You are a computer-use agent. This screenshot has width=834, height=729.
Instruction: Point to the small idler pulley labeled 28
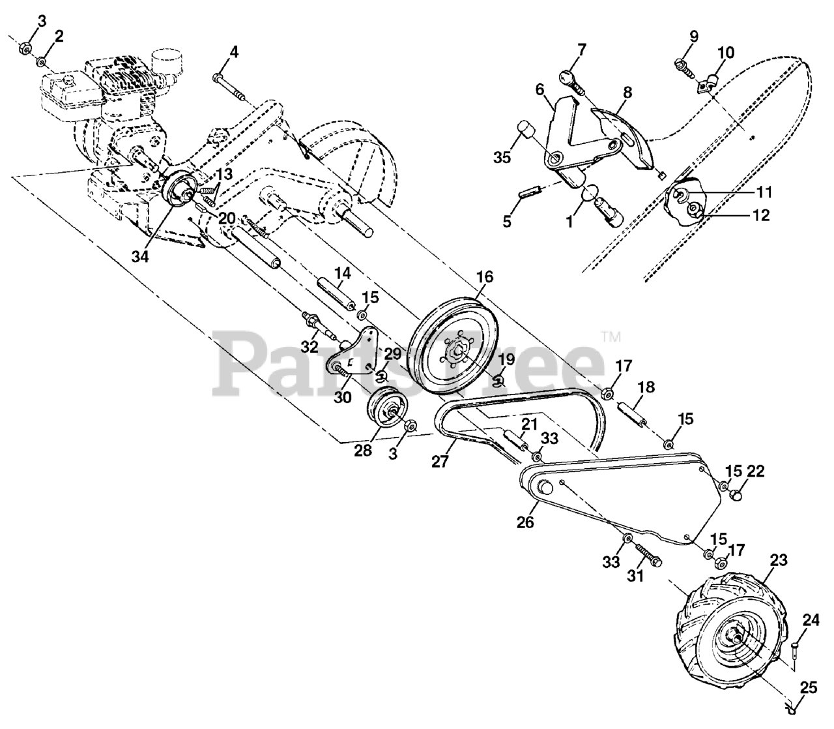pyautogui.click(x=386, y=409)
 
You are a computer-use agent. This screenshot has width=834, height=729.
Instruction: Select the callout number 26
pyautogui.click(x=526, y=522)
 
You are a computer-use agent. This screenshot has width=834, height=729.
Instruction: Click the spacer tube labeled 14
pyautogui.click(x=336, y=292)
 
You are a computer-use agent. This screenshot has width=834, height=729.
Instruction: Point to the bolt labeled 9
pyautogui.click(x=682, y=63)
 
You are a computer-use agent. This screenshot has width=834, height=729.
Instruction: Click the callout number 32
pyautogui.click(x=309, y=344)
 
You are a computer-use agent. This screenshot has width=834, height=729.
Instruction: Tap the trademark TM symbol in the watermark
pyautogui.click(x=611, y=337)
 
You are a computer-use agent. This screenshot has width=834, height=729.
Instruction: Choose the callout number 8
pyautogui.click(x=627, y=93)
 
